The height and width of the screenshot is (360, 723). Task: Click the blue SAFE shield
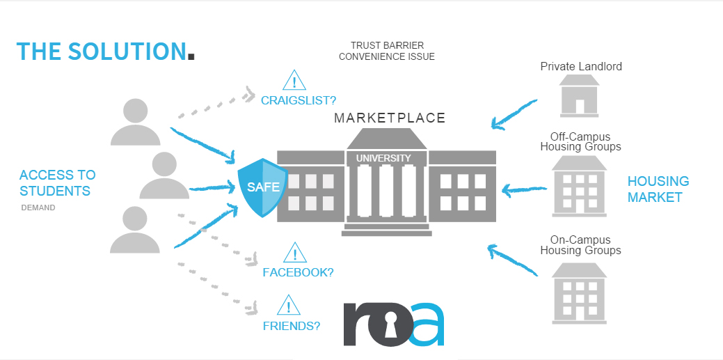click(x=262, y=187)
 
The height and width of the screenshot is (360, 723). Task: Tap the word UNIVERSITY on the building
click(x=383, y=158)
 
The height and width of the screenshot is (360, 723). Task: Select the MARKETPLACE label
click(x=389, y=118)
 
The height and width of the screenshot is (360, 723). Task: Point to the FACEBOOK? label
click(x=298, y=272)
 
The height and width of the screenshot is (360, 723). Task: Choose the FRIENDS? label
click(x=291, y=325)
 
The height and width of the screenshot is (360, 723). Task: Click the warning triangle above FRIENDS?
click(x=289, y=306)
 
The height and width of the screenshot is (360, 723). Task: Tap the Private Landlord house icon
click(x=580, y=95)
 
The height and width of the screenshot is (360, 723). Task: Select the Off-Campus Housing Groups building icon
click(x=579, y=185)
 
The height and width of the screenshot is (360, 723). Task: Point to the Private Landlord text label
click(x=581, y=67)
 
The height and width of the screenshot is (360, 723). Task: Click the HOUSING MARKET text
click(x=658, y=189)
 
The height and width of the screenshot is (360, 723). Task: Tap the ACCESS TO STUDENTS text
click(x=57, y=182)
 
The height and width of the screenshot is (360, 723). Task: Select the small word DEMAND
click(x=38, y=208)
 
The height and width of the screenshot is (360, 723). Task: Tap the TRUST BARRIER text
click(x=387, y=45)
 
